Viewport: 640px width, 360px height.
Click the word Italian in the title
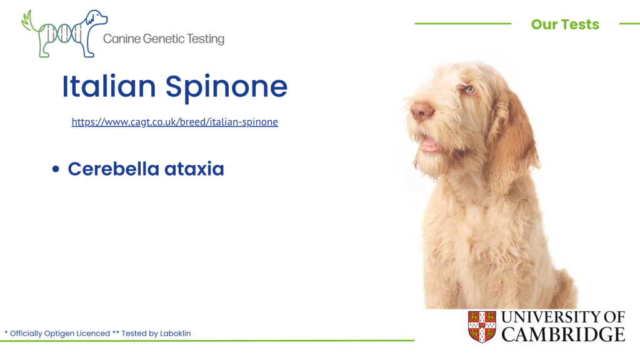109,86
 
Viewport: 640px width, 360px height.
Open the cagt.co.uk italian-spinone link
175,122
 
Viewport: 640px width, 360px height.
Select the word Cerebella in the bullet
114,169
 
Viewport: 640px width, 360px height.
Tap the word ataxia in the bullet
194,169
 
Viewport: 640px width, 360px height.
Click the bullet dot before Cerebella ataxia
56,169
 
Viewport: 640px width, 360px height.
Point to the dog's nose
421,109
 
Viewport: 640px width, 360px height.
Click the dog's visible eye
470,89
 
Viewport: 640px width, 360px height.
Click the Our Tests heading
565,24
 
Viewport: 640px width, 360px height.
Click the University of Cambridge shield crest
482,326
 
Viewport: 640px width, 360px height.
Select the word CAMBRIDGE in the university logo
563,335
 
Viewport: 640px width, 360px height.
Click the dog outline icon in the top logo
65,34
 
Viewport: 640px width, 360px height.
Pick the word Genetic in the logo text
164,39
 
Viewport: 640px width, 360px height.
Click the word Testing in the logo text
206,39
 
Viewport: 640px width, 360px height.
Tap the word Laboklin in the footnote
175,333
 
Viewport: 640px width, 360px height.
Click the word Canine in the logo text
122,39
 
